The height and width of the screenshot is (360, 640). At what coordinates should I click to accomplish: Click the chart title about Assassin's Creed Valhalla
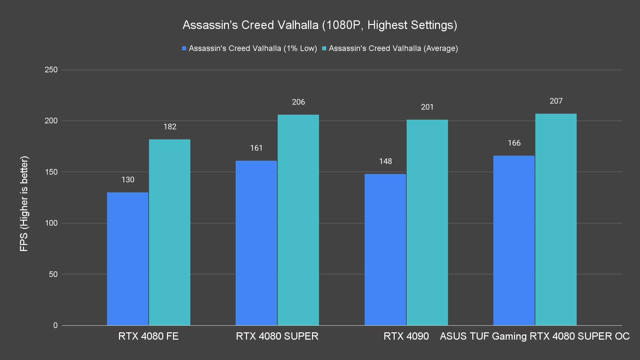(320, 25)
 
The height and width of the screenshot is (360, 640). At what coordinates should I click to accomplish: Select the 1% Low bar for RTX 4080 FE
(128, 259)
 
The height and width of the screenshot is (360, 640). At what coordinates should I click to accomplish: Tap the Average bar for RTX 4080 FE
(170, 232)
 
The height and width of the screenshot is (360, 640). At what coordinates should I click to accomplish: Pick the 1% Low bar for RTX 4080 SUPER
(256, 243)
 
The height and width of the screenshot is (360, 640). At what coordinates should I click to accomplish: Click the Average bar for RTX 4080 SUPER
(298, 220)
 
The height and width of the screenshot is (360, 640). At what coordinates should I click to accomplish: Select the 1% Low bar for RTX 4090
(385, 250)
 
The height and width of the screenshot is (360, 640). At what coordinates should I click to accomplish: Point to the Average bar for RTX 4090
(427, 222)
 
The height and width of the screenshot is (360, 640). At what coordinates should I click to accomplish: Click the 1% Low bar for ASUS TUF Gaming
(514, 240)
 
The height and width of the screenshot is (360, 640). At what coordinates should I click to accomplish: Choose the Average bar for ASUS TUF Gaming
(556, 219)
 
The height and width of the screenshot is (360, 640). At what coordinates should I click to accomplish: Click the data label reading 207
(556, 101)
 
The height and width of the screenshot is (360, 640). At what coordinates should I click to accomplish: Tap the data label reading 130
(128, 180)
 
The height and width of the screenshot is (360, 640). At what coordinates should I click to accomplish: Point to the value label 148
(385, 161)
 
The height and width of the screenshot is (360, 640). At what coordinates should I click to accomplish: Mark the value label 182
(170, 127)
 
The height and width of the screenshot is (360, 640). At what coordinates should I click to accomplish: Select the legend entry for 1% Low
(250, 48)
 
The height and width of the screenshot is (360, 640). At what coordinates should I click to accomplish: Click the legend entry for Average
(390, 48)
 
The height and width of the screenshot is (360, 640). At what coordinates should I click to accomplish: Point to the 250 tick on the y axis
(51, 70)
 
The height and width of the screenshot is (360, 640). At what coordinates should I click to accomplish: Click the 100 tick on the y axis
(51, 223)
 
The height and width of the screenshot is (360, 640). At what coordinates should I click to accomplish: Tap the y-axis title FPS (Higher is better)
(24, 203)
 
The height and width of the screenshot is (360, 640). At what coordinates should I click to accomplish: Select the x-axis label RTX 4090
(406, 336)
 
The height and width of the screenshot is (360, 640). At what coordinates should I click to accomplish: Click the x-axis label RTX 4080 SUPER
(277, 336)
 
